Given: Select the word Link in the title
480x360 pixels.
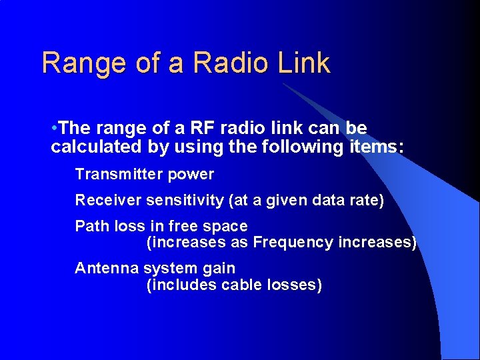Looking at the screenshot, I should pos(304,63).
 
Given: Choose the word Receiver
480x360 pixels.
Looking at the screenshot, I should pos(107,201).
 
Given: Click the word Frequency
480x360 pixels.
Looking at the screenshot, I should pos(293,243).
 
